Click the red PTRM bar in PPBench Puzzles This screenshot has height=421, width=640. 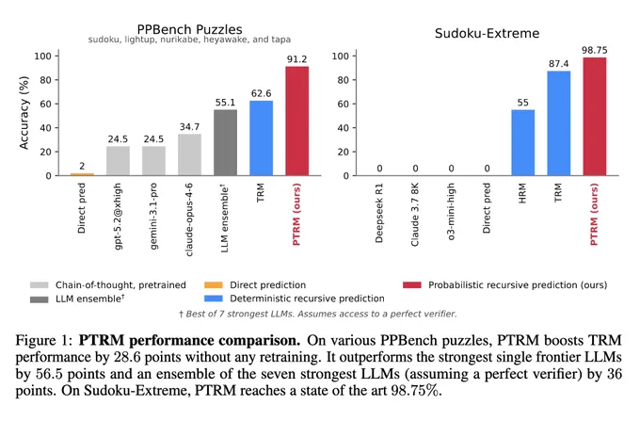(296, 121)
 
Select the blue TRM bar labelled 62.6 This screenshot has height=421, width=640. (262, 138)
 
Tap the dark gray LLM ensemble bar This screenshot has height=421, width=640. (225, 142)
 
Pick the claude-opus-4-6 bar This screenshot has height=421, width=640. (189, 154)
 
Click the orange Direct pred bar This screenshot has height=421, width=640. (82, 174)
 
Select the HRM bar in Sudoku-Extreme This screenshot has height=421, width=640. (523, 142)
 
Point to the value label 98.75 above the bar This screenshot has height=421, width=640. (594, 50)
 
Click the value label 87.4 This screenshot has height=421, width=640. (558, 64)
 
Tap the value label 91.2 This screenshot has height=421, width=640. (296, 59)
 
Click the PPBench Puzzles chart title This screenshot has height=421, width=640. (189, 29)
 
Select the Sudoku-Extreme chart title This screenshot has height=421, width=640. (487, 33)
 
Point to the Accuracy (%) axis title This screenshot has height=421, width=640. (24, 113)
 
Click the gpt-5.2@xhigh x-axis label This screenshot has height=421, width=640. (118, 216)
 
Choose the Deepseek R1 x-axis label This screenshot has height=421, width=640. (379, 213)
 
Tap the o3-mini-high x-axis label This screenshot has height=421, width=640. (451, 212)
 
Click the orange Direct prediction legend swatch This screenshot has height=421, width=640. (213, 284)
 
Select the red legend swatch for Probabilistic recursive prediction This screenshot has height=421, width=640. (412, 284)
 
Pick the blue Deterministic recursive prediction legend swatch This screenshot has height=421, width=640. (213, 299)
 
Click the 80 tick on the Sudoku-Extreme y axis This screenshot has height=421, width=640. (344, 80)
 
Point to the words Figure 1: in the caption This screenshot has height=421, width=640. (43, 340)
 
